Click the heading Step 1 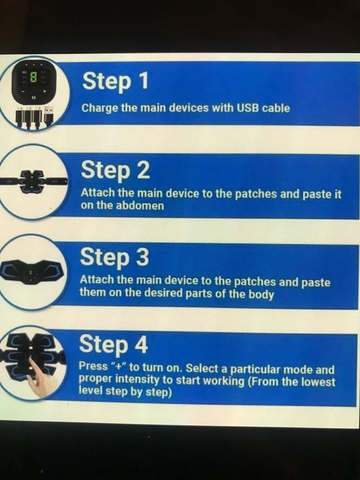coord(115,81)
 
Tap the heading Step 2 coord(115,170)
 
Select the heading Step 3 coord(115,257)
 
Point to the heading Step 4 coord(114,344)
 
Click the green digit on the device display coord(34,77)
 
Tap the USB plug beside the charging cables coord(49,115)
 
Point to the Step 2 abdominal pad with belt coord(33,181)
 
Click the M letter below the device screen coord(34,98)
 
